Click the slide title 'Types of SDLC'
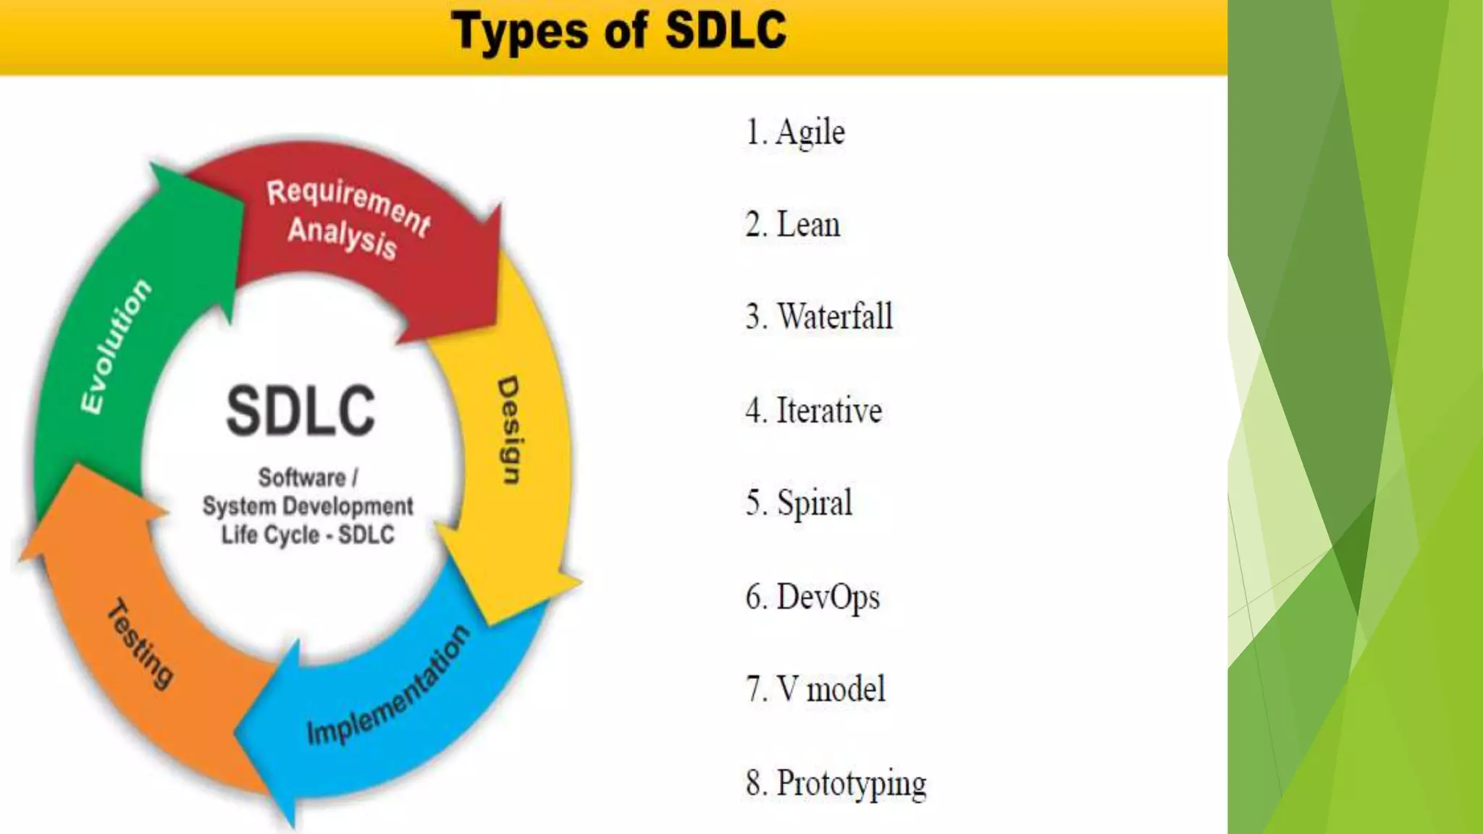pos(619,32)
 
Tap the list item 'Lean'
pos(808,225)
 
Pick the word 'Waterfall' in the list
pos(834,317)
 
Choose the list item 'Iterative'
pos(829,411)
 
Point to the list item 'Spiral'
pos(815,503)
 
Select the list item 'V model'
pos(831,689)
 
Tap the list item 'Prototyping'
pos(851,784)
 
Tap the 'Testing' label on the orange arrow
pos(141,644)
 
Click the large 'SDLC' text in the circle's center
pos(301,411)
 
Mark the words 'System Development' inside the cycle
pos(308,506)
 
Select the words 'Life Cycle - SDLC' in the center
pos(308,535)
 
